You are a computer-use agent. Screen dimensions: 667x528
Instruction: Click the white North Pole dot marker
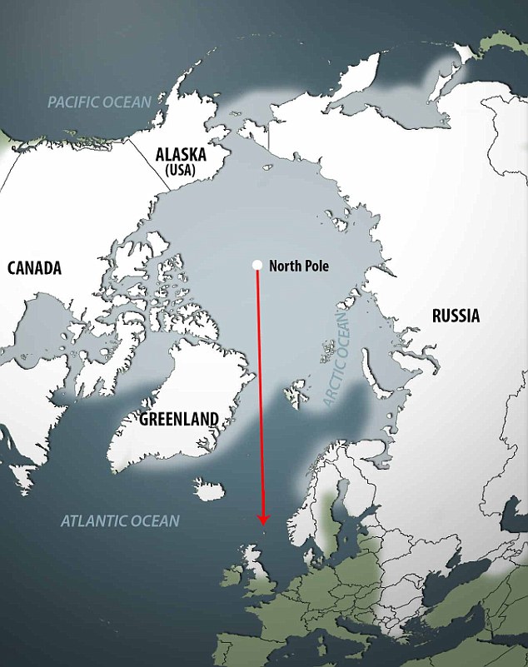(257, 266)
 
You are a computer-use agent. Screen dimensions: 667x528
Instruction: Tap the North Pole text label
(299, 266)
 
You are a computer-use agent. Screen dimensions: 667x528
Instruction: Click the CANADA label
(35, 268)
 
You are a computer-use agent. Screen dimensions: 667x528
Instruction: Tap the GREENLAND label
(179, 419)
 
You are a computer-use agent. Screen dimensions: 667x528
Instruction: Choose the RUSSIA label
(456, 316)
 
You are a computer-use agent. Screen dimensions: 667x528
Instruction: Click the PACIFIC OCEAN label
(99, 102)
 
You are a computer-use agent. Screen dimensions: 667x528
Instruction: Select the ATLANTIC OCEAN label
(120, 521)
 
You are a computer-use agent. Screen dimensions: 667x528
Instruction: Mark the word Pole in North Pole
(315, 266)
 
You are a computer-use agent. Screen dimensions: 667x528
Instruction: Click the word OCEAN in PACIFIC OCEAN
(128, 102)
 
